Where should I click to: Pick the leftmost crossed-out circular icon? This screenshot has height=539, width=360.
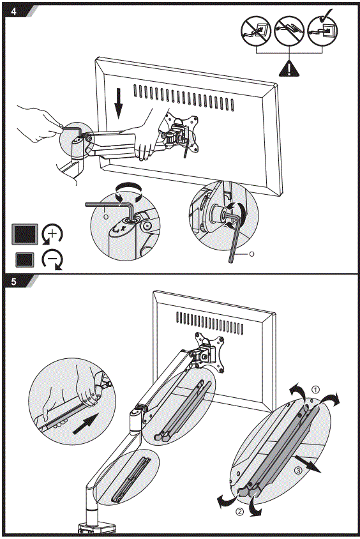tap(254, 30)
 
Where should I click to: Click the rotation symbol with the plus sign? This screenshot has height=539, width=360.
tap(52, 234)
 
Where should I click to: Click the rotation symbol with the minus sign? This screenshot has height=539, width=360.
tap(52, 260)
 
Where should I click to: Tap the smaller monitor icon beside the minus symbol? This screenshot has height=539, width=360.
tap(26, 260)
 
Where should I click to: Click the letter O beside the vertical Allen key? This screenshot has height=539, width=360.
tap(251, 254)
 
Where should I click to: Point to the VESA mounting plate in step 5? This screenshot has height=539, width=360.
tap(209, 350)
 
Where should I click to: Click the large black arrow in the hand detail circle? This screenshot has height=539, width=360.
tap(86, 424)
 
